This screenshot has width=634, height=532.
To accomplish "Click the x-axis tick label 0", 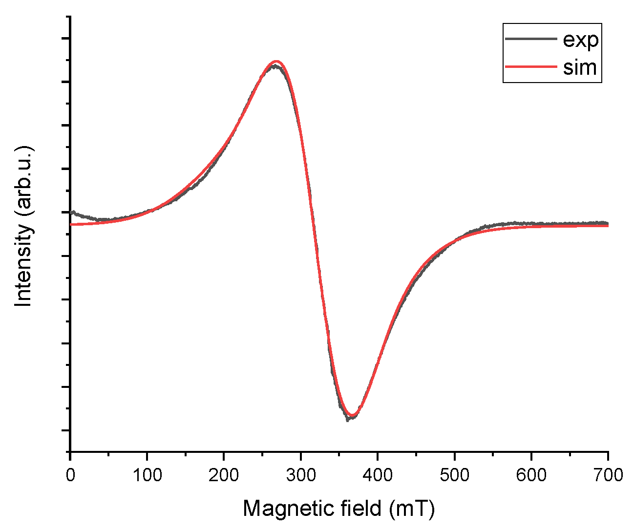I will pyautogui.click(x=70, y=474).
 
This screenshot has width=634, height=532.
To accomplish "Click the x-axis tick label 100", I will pyautogui.click(x=147, y=474).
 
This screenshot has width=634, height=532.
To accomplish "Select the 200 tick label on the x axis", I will pyautogui.click(x=224, y=474).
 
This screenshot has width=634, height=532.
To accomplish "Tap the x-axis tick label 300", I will pyautogui.click(x=300, y=474).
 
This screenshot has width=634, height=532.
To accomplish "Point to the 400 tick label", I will pyautogui.click(x=377, y=474).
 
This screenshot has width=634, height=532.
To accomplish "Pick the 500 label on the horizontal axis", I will pyautogui.click(x=454, y=474).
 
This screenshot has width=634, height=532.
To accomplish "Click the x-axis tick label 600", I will pyautogui.click(x=531, y=474).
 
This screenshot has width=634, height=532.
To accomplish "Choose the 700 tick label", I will pyautogui.click(x=607, y=474).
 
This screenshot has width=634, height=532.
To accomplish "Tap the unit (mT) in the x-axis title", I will pyautogui.click(x=412, y=509).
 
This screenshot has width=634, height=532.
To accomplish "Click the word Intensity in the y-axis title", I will pyautogui.click(x=24, y=266).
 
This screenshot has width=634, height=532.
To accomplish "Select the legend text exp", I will pyautogui.click(x=580, y=40).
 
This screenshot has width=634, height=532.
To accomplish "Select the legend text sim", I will pyautogui.click(x=580, y=67).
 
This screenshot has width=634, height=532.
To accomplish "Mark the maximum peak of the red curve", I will pyautogui.click(x=277, y=61).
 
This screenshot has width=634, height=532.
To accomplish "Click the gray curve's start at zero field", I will pyautogui.click(x=72, y=212).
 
